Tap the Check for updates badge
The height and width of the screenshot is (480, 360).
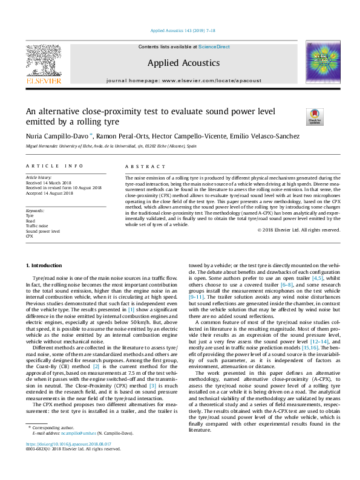click(x=315, y=116)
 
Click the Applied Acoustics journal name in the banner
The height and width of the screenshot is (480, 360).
click(x=179, y=62)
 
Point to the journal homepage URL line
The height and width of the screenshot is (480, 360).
click(x=179, y=80)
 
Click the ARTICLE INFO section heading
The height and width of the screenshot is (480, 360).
click(x=54, y=166)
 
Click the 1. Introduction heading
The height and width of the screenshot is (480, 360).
click(x=46, y=266)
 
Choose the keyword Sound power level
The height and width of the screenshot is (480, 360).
click(x=42, y=231)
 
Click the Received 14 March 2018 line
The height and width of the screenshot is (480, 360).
click(x=49, y=183)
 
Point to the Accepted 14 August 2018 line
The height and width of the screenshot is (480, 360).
click(x=49, y=193)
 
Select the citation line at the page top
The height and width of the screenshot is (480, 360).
click(x=179, y=30)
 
